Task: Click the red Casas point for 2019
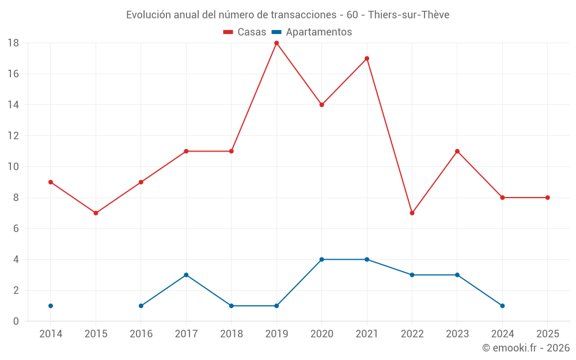276,43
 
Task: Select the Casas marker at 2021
367,59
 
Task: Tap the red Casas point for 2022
412,213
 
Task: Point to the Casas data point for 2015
96,213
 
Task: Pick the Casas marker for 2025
548,198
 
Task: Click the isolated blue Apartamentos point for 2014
51,306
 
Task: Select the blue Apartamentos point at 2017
186,275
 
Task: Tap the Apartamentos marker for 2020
321,259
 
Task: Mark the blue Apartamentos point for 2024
502,306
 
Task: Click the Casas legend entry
245,32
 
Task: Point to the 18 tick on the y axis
13,43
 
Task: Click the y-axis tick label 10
13,167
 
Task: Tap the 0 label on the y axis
16,321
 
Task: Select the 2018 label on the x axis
231,334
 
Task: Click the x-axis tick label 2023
457,334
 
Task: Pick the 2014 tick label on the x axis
51,334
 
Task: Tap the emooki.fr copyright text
526,348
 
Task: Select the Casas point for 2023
457,151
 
